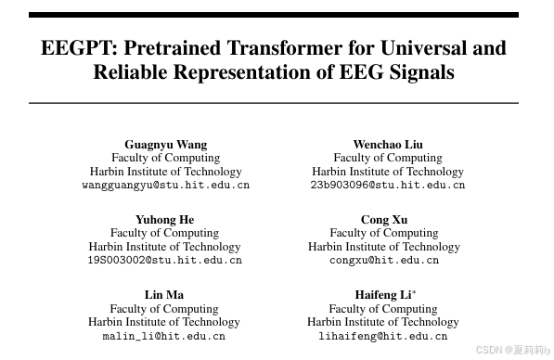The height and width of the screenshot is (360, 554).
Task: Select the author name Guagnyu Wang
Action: click(x=166, y=144)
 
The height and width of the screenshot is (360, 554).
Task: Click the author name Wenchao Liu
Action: click(x=388, y=144)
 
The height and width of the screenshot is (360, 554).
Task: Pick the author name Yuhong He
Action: click(x=165, y=219)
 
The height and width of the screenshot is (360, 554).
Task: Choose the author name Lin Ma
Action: click(x=164, y=295)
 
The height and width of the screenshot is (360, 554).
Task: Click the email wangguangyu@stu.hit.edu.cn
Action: click(x=166, y=186)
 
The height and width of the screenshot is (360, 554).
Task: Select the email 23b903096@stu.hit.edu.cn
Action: click(x=388, y=186)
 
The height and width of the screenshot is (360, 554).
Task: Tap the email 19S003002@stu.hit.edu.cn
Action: click(x=165, y=261)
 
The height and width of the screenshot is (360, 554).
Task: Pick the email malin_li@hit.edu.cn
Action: click(x=164, y=336)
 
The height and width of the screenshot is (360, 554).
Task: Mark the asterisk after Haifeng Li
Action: click(x=414, y=293)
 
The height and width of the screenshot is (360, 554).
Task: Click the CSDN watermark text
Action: click(x=513, y=350)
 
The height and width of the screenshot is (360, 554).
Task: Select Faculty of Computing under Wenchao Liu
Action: click(x=388, y=158)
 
